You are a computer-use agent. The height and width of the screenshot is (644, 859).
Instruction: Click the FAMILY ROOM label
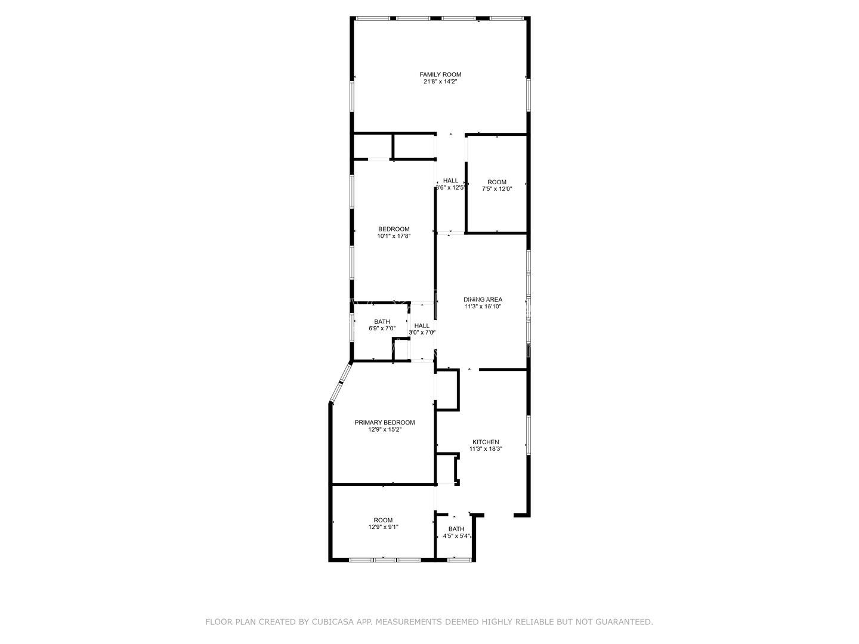click(440, 75)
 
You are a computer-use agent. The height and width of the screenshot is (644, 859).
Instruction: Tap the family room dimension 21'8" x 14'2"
click(440, 82)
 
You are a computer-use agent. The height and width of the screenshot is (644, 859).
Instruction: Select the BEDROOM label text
click(394, 229)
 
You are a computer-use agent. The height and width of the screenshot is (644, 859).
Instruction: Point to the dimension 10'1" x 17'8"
click(394, 236)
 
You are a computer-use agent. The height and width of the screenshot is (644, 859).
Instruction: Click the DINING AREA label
click(483, 299)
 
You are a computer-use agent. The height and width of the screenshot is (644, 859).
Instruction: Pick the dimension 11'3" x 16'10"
click(483, 306)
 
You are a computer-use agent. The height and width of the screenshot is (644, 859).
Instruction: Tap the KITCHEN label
click(484, 442)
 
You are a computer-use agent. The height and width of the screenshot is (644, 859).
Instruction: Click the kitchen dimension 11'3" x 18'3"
click(486, 449)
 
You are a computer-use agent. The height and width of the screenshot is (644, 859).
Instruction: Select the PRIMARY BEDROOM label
click(385, 422)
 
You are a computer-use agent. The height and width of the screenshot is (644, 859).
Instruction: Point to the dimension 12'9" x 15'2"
click(385, 429)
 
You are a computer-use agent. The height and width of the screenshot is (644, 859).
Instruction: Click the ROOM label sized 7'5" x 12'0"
click(497, 182)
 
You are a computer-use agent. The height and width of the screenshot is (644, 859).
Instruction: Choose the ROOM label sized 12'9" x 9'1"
click(383, 520)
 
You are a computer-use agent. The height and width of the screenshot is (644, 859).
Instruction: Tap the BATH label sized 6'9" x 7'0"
click(382, 321)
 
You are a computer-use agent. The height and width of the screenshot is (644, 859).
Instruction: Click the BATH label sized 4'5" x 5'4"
click(456, 529)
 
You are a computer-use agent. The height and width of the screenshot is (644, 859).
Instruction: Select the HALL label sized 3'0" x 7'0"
click(422, 326)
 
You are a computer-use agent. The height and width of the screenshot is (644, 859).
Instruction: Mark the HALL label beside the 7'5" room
click(450, 181)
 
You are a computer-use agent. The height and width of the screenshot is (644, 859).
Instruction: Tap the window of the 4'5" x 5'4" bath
click(456, 559)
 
